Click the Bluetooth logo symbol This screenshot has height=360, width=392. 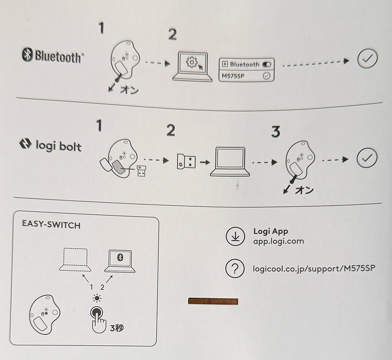27,56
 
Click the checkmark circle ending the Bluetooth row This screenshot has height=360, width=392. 367,59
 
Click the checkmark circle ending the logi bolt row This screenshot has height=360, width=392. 367,158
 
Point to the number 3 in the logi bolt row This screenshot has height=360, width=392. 276,132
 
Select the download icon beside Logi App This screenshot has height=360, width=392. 235,236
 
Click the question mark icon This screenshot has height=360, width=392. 235,269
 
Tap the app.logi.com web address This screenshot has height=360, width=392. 278,241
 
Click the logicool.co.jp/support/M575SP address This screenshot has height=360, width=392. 317,269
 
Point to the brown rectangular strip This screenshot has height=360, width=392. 213,301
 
